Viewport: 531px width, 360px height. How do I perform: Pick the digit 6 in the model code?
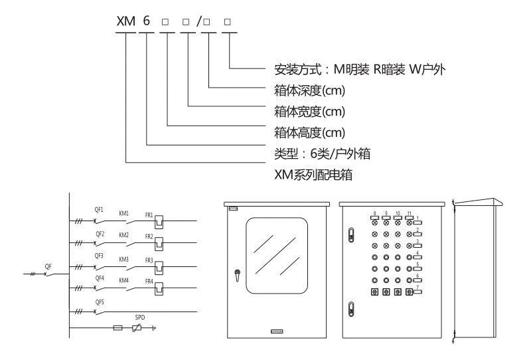coord(146,21)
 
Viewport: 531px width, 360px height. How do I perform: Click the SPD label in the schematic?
coord(139,318)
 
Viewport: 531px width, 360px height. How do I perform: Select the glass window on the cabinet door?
coord(277,256)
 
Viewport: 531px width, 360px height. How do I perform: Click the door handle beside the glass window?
coord(237,274)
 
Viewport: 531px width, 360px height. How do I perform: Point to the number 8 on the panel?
coord(375,213)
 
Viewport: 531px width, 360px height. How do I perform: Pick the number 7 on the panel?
coord(417,287)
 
